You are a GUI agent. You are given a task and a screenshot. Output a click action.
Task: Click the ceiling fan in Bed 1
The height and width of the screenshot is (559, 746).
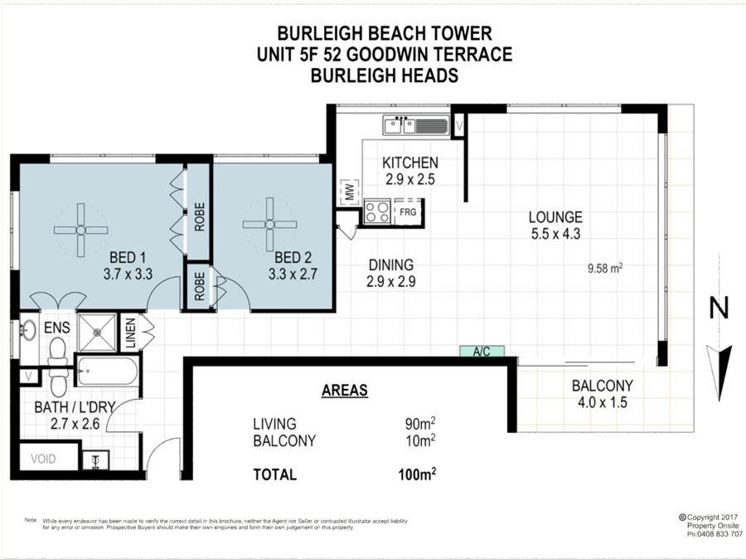pos(81,231)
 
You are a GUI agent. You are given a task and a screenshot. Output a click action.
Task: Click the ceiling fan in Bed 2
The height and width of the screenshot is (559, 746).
pos(269,224)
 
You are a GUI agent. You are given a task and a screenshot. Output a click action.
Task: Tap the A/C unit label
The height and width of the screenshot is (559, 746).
pos(482,352)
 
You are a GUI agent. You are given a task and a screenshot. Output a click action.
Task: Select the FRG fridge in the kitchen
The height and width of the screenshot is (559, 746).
pos(408,211)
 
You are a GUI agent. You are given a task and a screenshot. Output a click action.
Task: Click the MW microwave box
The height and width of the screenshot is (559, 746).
pos(350,192)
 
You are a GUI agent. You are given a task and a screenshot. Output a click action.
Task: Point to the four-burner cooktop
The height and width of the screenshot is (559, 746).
pos(378,211)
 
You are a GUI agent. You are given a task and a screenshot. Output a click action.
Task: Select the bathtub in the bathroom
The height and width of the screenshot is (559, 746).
pos(108,371)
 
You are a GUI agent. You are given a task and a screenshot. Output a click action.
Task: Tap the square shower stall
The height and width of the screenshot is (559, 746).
pos(97,333)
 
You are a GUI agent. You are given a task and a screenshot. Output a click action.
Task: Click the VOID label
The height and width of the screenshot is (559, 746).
pos(43,459)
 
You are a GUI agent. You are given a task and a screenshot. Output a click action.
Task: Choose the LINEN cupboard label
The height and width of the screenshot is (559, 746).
pos(131,333)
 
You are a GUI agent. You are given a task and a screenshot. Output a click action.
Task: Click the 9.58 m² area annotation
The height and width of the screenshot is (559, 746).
pos(605,268)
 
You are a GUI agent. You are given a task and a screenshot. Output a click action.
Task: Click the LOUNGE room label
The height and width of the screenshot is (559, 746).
pos(555,217)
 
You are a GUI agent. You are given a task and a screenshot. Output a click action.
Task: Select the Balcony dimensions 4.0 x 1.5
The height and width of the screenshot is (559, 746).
pos(603,402)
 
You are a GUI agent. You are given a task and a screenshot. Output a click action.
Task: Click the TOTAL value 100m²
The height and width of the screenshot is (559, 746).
pos(417,474)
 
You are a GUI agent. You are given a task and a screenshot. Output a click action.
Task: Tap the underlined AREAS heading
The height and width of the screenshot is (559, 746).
pos(345,391)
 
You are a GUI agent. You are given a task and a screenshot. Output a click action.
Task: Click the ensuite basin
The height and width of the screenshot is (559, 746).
pos(28,330)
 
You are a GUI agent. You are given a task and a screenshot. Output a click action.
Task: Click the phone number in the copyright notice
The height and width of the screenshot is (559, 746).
pos(719,534)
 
